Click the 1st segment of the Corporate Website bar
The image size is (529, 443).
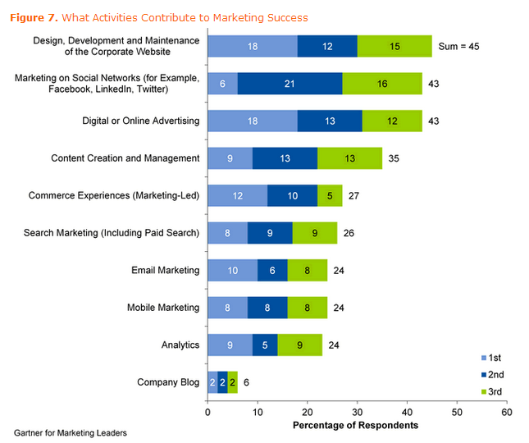coord(252,47)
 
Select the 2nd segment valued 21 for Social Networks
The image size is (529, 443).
coord(290,84)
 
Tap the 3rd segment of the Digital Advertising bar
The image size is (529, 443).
coord(391,121)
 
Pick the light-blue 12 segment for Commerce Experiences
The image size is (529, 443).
coord(237,196)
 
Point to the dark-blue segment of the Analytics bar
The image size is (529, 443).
coord(265,345)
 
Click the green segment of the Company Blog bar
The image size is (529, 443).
coord(232,382)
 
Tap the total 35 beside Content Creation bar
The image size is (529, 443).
coord(394,159)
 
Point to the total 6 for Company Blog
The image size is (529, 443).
coord(247,382)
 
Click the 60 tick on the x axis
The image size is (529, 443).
coord(506,411)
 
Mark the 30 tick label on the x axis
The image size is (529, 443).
coord(357,411)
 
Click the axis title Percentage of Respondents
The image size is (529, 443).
coord(355,425)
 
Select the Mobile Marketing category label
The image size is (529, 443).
coord(162,308)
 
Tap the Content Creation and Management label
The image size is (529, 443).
coord(125,158)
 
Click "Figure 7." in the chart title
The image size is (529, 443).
coord(35,17)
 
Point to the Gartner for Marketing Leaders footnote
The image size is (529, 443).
coord(71,432)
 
